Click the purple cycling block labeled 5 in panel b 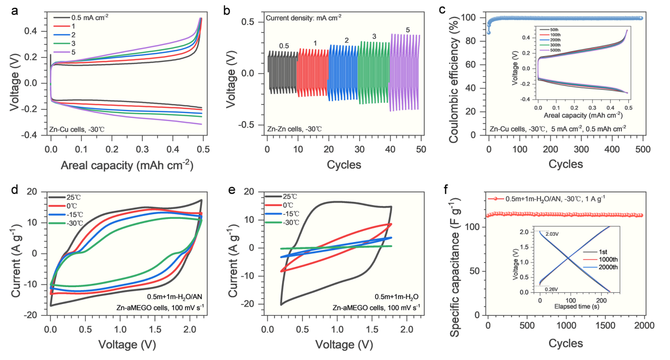(405, 72)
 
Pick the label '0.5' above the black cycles (284, 46)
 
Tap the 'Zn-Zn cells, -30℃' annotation (294, 128)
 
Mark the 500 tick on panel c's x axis (643, 150)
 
